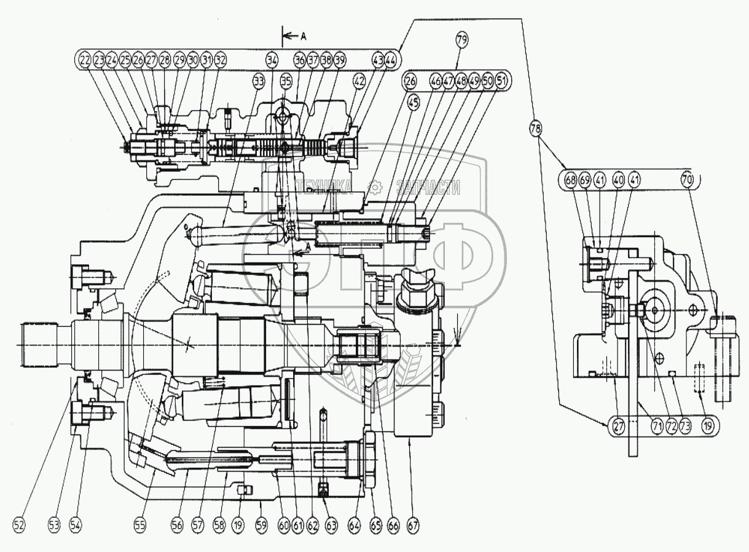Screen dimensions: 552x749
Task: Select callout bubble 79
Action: coord(462,40)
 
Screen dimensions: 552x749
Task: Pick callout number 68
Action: coord(571,181)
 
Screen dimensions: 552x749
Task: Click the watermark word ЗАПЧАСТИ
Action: coord(429,188)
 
